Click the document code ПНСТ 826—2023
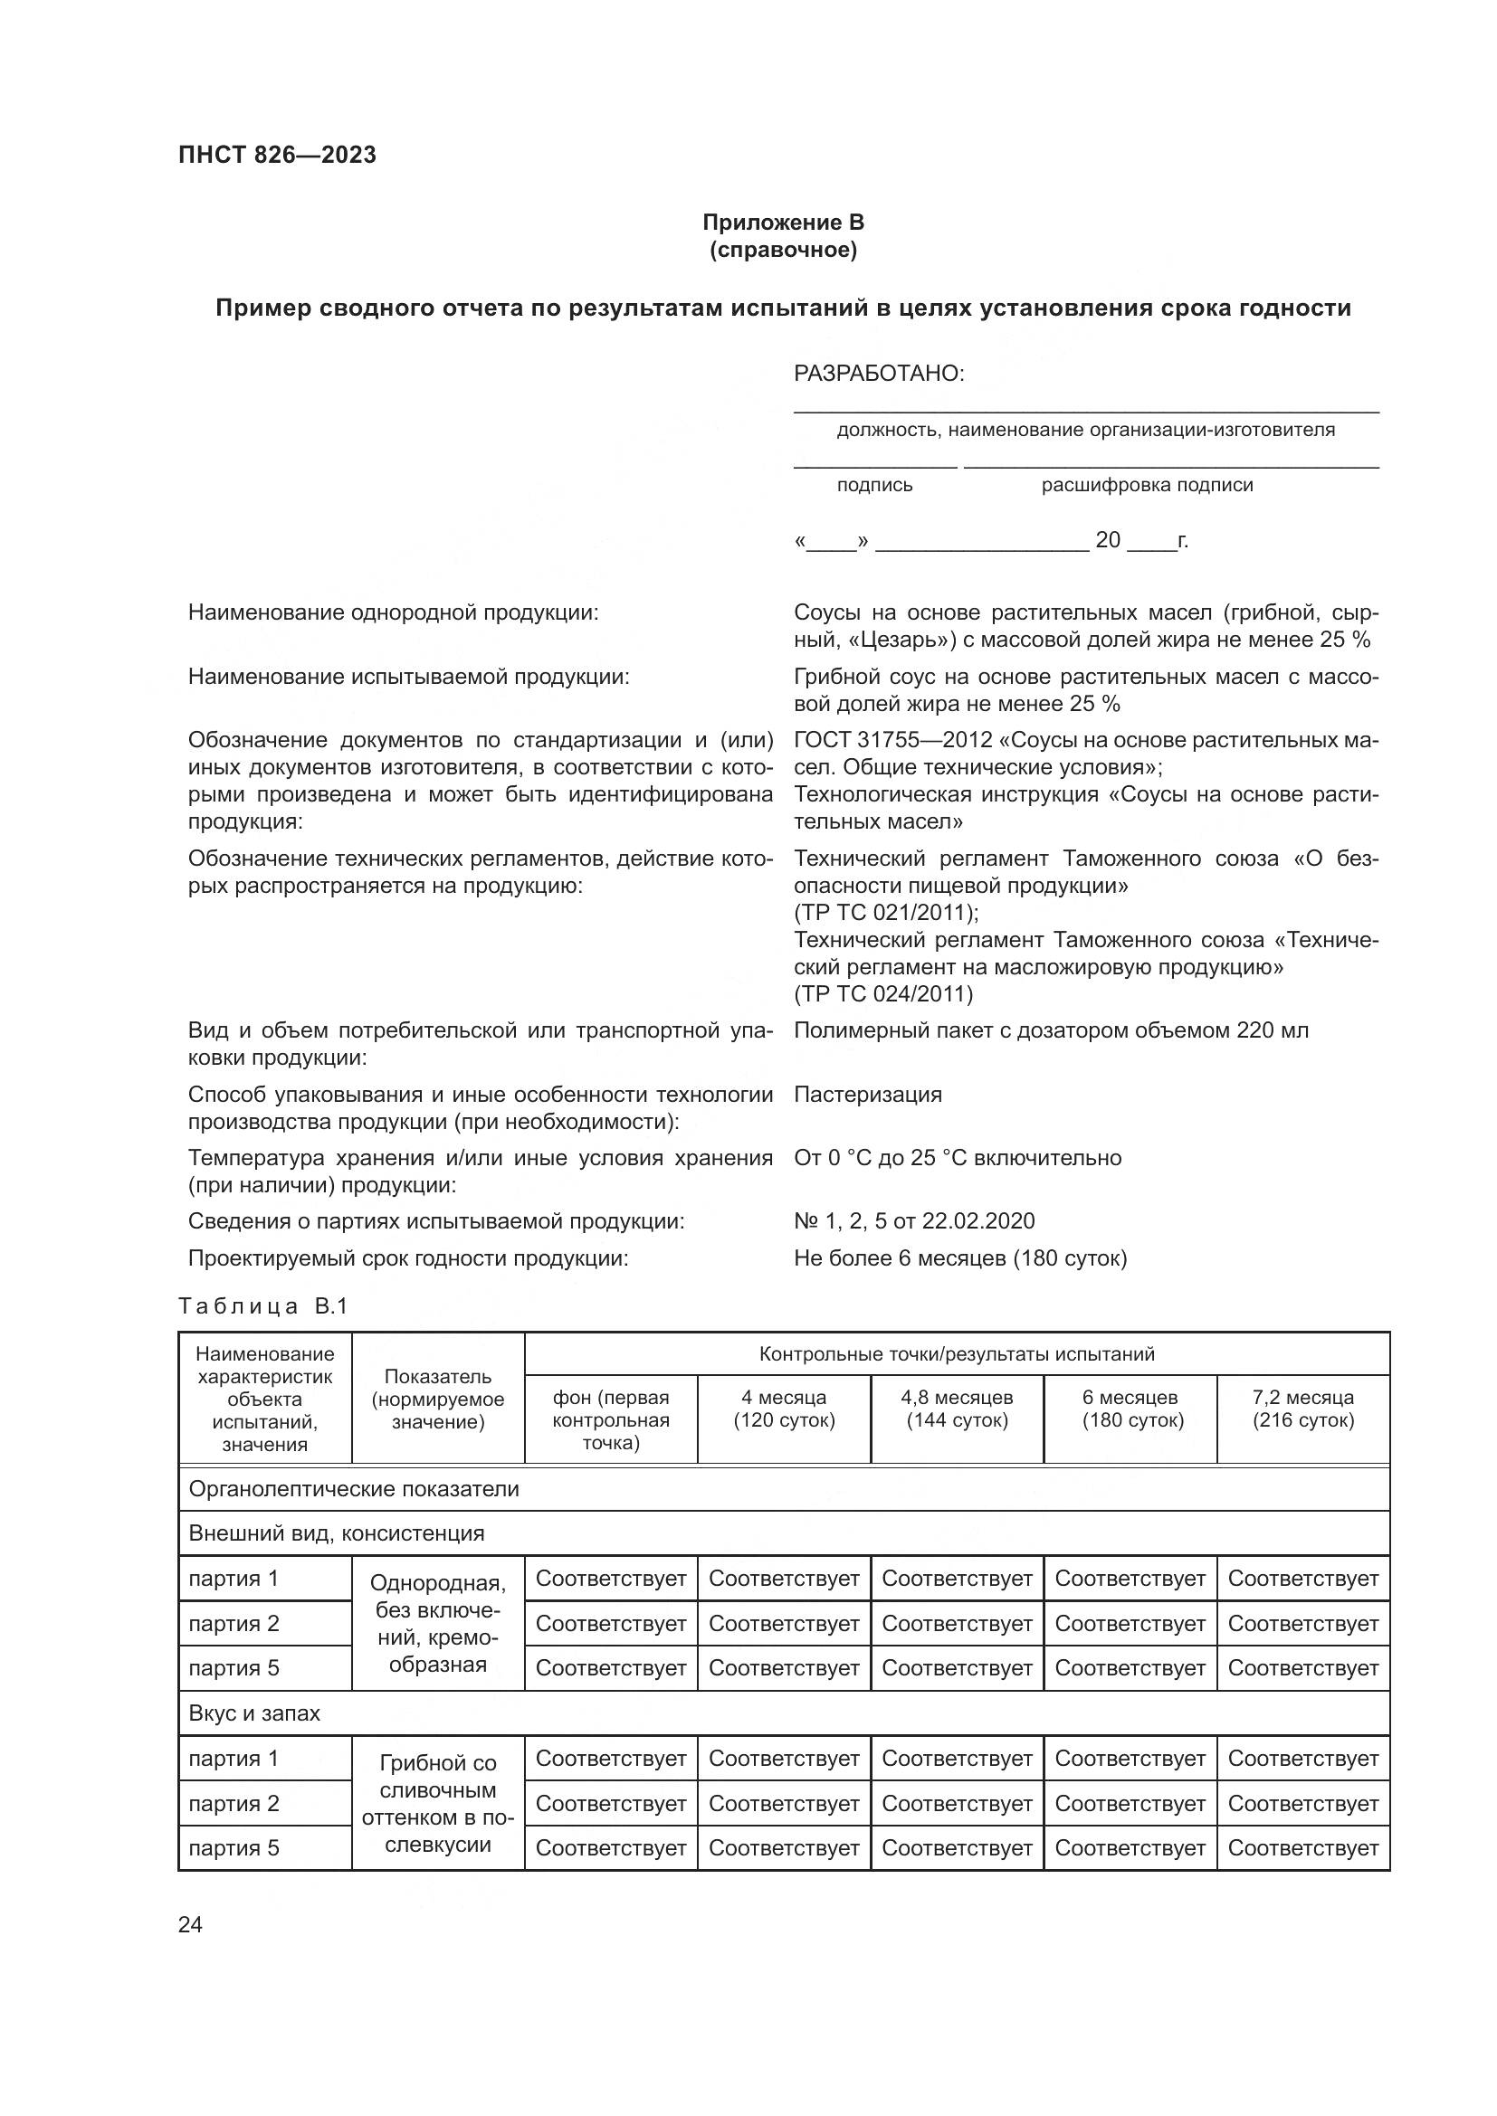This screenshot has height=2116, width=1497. click(x=278, y=155)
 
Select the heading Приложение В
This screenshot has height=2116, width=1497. click(x=783, y=223)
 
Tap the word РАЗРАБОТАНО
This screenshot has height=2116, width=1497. click(x=879, y=375)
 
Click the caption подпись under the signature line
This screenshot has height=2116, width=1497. click(x=874, y=486)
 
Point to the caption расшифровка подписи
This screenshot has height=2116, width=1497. click(x=1147, y=486)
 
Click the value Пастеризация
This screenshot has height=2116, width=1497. click(x=867, y=1095)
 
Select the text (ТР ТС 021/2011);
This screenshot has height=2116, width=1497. click(x=886, y=913)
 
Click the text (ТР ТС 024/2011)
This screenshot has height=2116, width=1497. click(x=883, y=993)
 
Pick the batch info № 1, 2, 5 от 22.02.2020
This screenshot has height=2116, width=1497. click(x=913, y=1221)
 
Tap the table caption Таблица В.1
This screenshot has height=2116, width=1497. click(x=262, y=1307)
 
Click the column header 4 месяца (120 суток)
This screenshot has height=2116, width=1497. click(x=784, y=1409)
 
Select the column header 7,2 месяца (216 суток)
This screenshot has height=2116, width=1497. click(x=1302, y=1409)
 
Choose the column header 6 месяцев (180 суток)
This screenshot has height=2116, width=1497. click(x=1131, y=1409)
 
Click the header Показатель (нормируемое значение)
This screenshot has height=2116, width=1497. click(x=438, y=1399)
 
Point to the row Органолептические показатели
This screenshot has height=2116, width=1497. click(x=354, y=1489)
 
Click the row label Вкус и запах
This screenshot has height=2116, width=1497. click(x=254, y=1713)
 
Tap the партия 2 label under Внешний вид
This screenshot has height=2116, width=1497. click(x=234, y=1624)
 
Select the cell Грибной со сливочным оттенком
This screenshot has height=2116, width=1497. click(x=438, y=1804)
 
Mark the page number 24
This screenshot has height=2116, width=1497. click(x=190, y=1925)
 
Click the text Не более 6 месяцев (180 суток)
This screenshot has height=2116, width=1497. click(x=959, y=1258)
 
